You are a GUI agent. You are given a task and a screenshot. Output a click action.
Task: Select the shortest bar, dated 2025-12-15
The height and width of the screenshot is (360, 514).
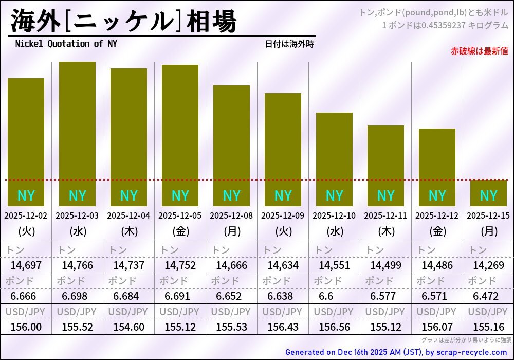(488, 193)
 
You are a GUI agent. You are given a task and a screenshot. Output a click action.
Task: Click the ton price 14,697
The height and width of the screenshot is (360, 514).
(26, 265)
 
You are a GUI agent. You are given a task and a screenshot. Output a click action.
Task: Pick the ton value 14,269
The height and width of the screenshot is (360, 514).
(488, 265)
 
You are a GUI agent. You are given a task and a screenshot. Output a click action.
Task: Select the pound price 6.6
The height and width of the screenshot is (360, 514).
(326, 296)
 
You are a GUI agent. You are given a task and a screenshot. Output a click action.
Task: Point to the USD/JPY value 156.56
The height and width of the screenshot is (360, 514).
(334, 327)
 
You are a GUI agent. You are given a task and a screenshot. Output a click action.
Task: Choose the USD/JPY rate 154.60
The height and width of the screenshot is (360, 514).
(128, 327)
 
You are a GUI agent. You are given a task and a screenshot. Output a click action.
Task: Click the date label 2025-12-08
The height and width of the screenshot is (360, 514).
(231, 216)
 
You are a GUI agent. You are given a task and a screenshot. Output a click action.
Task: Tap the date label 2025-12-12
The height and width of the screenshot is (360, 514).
(437, 216)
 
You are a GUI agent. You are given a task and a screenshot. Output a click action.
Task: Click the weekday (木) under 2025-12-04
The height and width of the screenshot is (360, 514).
(128, 231)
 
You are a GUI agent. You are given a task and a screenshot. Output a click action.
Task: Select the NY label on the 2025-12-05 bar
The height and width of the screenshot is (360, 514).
(180, 196)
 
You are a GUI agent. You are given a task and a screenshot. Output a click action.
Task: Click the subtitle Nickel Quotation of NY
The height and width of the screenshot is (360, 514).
(66, 44)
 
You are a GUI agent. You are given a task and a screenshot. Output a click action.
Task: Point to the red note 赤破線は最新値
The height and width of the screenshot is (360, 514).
(479, 51)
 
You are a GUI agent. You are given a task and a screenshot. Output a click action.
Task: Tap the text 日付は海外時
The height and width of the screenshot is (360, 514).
(289, 44)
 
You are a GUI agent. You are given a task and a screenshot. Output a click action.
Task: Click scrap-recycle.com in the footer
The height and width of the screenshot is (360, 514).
(468, 352)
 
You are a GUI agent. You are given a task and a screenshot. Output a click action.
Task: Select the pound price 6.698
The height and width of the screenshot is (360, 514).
(75, 296)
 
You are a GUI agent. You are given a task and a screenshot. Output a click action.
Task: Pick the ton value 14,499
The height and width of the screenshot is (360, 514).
(385, 265)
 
